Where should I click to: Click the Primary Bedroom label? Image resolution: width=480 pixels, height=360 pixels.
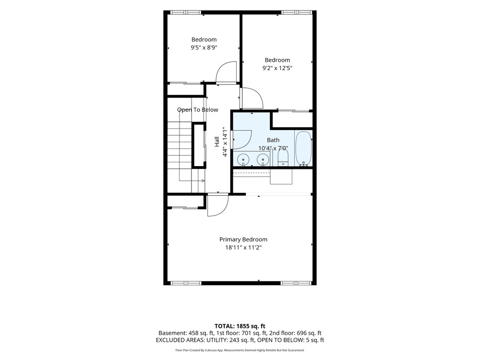[x=243, y=240]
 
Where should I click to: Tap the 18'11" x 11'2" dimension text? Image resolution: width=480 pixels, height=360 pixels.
[x=243, y=247]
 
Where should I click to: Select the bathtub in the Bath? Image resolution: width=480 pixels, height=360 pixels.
[x=304, y=148]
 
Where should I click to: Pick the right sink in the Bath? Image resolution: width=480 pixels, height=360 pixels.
[x=263, y=159]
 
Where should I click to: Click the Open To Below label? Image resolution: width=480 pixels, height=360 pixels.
[x=197, y=109]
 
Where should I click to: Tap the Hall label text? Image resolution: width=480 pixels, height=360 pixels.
[x=217, y=142]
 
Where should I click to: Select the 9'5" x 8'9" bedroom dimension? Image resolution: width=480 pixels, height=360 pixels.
[x=204, y=48]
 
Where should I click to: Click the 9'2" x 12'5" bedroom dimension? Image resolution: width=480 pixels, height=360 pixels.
[x=277, y=68]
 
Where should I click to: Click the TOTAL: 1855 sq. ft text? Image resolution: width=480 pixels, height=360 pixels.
[x=240, y=326]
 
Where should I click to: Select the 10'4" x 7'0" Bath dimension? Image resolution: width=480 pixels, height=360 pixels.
[x=273, y=148]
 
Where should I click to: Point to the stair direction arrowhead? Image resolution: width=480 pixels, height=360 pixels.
[x=203, y=181]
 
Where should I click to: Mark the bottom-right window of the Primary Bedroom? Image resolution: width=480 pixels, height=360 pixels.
[x=296, y=283]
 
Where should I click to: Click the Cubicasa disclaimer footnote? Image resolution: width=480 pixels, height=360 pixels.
[x=240, y=350]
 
